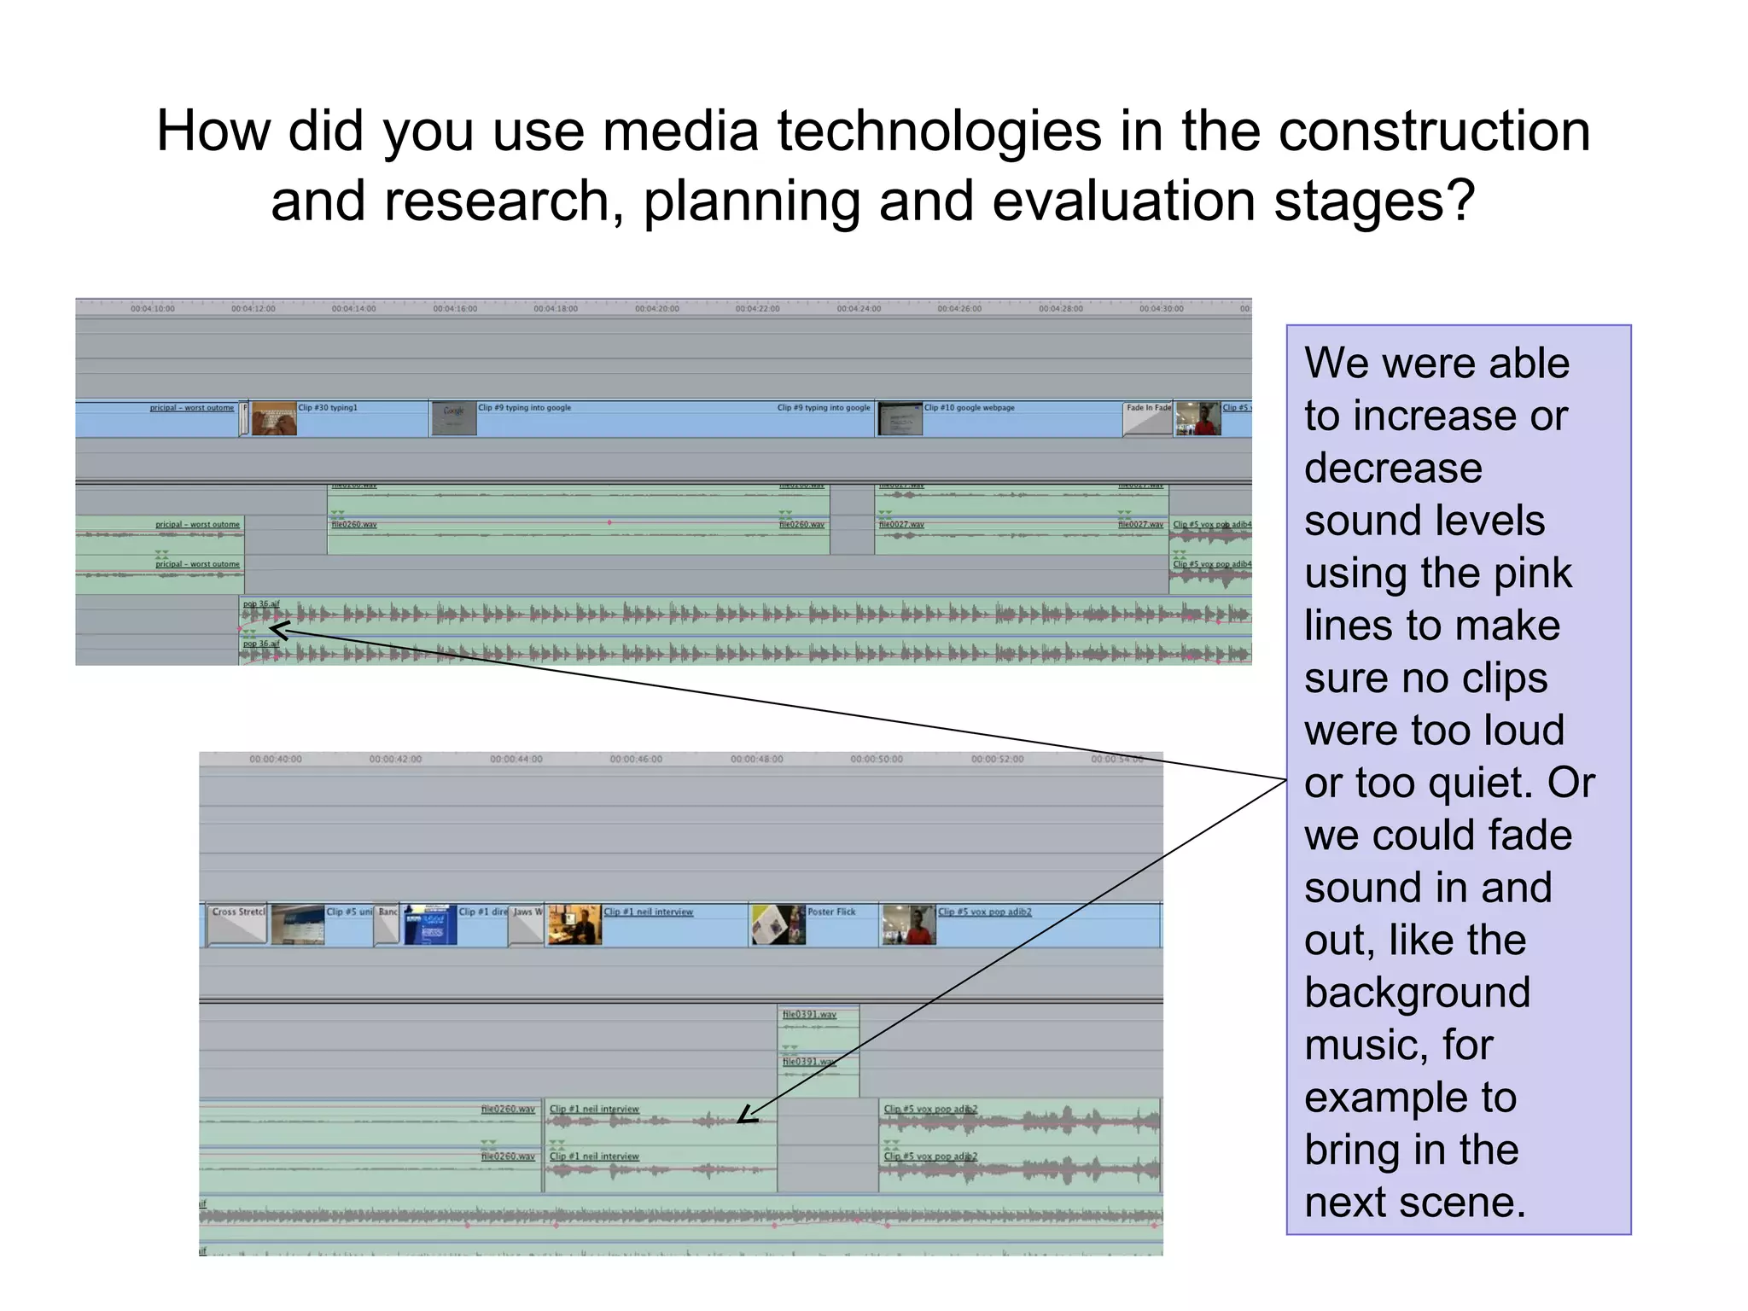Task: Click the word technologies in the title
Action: [939, 132]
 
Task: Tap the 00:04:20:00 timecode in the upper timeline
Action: [656, 309]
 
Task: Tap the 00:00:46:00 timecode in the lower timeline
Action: [636, 759]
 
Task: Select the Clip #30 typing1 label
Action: [328, 408]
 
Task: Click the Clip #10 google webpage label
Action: [970, 408]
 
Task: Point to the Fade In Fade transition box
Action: [1148, 418]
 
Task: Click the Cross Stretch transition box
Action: [238, 924]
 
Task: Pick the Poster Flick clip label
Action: [830, 912]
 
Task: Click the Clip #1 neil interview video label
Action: [649, 912]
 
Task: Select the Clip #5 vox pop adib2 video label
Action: [984, 912]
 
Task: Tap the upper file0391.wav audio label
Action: [809, 1014]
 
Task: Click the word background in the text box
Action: [1417, 993]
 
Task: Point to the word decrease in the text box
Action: [1393, 469]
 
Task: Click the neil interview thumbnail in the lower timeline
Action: [574, 925]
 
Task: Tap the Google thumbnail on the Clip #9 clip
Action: [453, 419]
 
